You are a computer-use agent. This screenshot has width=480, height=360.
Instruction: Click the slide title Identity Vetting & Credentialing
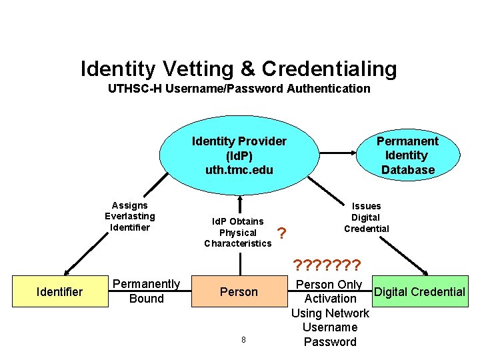(239, 69)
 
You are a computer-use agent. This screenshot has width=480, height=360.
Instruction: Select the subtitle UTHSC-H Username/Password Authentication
(239, 88)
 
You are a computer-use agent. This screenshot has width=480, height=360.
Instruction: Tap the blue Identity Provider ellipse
(239, 155)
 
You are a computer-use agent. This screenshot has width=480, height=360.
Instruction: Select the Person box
(239, 291)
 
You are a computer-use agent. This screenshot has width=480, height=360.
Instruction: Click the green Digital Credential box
(419, 291)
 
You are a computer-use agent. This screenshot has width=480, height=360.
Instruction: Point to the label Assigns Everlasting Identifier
(129, 216)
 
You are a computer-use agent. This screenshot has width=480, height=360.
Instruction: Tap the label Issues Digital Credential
(366, 217)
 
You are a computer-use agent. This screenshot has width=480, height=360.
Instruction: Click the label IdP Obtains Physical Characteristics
(238, 232)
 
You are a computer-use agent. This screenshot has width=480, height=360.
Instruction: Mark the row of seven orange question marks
(327, 265)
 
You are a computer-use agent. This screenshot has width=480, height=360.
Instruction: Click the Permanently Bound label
(147, 291)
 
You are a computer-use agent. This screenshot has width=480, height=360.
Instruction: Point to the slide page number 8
(243, 340)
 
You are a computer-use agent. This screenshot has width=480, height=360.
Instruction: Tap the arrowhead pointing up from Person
(239, 198)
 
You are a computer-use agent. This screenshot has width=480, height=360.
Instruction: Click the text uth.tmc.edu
(239, 170)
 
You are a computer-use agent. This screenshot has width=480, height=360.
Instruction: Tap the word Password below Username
(330, 342)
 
